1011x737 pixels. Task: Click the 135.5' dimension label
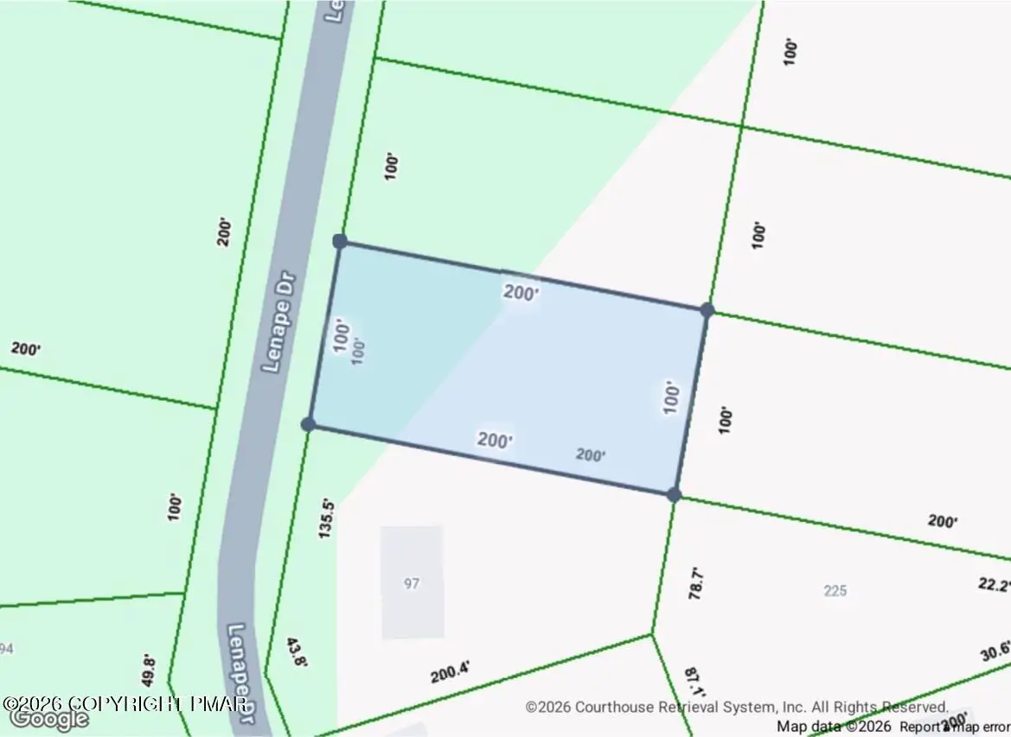[x=326, y=518]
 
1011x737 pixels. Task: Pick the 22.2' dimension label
[x=994, y=585]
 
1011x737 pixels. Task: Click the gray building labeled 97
[x=413, y=582]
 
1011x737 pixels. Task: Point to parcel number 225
[x=835, y=591]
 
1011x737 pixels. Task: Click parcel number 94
[x=6, y=648]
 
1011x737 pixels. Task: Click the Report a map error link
[x=955, y=727]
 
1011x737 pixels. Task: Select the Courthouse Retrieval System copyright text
[x=737, y=707]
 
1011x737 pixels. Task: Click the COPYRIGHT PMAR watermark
[x=125, y=703]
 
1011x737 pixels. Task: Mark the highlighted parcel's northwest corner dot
[x=340, y=241]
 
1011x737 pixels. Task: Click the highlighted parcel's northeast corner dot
[x=707, y=310]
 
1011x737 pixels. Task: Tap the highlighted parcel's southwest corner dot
[x=308, y=423]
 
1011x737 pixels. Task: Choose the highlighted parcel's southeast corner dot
[x=674, y=494]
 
